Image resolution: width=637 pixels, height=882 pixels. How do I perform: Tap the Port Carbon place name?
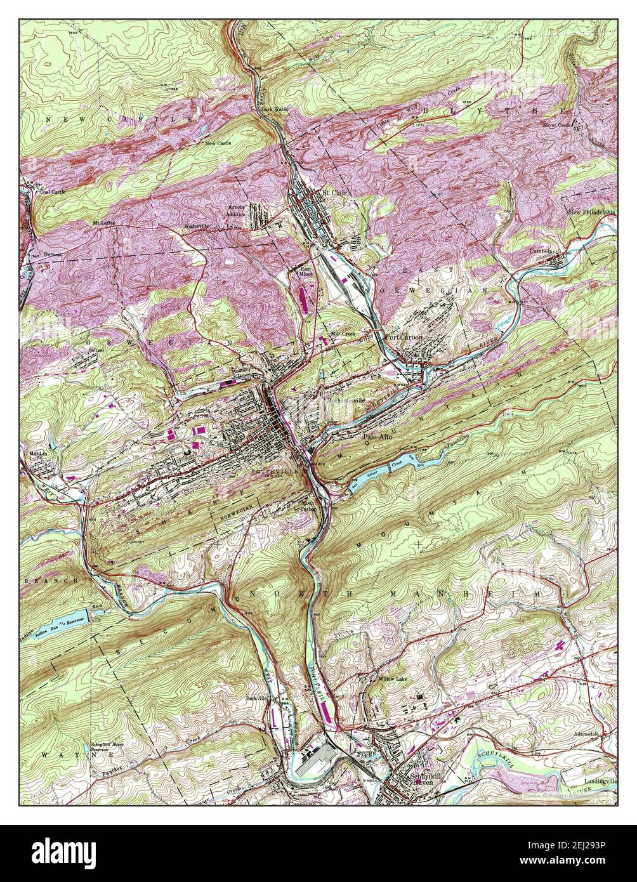tap(404, 337)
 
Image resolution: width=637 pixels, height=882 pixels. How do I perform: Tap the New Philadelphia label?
tap(591, 212)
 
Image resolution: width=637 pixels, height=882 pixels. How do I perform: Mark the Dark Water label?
tap(274, 109)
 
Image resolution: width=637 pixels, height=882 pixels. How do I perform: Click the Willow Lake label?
tap(395, 679)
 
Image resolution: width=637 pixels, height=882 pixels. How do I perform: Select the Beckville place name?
tap(258, 698)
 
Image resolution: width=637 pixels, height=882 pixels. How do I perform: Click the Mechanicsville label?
tap(346, 401)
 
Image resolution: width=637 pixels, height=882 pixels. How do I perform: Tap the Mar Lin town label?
tap(38, 454)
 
